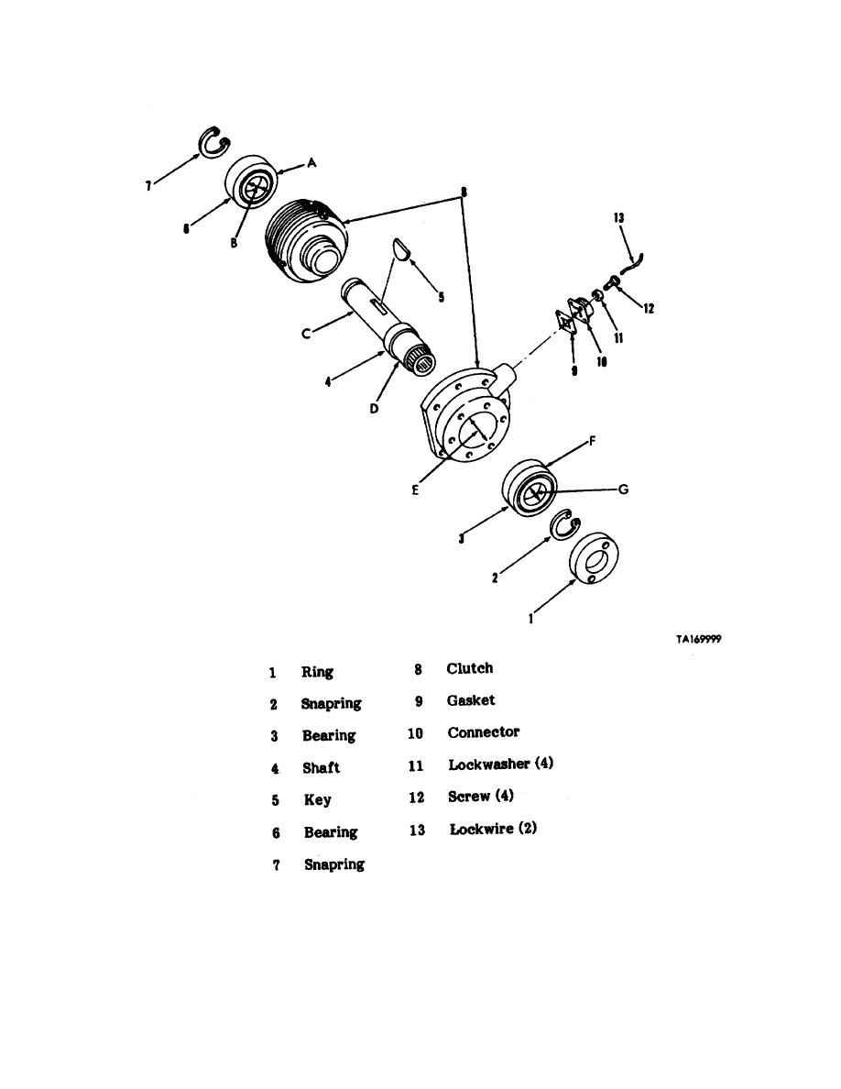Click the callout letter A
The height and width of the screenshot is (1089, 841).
312,162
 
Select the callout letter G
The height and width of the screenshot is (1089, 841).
623,489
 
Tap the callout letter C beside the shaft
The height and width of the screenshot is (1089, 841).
305,334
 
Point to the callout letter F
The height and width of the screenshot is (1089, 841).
592,440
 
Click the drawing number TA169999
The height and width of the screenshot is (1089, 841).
698,639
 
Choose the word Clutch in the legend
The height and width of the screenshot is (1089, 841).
470,668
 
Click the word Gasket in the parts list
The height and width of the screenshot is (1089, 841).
471,700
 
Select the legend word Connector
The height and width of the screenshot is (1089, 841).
484,732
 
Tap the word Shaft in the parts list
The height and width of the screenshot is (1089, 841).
322,767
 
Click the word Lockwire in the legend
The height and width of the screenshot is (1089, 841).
482,829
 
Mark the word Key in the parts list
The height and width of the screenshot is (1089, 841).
318,800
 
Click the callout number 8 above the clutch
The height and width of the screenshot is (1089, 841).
464,192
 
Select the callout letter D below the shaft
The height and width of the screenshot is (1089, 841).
374,409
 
